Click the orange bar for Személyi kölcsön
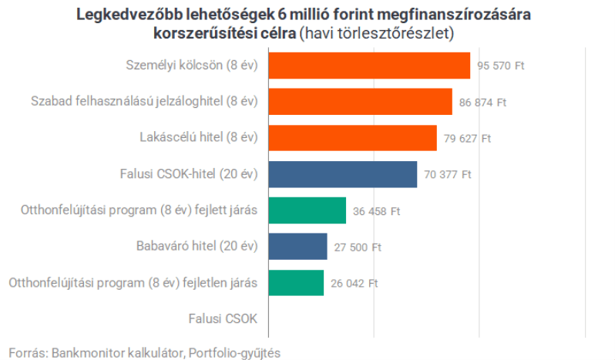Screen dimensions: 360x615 [369, 66]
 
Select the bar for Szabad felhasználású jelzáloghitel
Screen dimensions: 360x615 [360, 102]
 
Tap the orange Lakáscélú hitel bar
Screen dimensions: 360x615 [352, 138]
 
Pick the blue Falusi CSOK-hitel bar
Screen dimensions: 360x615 [342, 174]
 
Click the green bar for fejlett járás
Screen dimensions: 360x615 [307, 210]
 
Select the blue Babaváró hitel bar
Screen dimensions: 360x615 [297, 247]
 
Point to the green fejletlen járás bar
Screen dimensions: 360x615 [296, 283]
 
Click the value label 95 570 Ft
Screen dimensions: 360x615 [500, 66]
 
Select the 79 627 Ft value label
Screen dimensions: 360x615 [467, 139]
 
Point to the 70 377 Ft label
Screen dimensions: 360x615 [447, 175]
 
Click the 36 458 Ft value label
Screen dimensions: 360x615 [376, 211]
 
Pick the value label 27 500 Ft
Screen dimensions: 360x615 [357, 247]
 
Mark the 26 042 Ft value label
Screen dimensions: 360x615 [354, 284]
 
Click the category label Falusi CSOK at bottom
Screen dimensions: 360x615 [223, 318]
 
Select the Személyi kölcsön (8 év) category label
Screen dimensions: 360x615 [191, 66]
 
